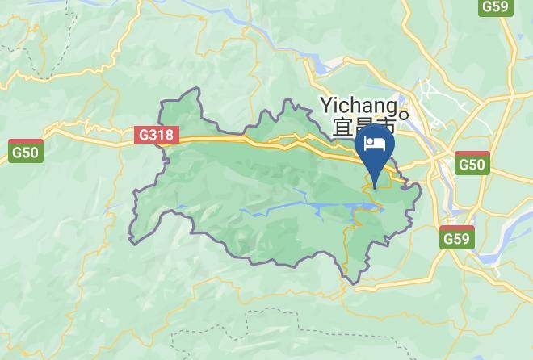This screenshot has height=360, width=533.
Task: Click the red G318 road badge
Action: (x=157, y=135)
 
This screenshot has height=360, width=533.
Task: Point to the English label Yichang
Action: (x=359, y=105)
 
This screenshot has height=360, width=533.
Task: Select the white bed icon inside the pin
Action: (x=375, y=144)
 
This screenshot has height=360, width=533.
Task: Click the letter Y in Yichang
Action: (x=327, y=104)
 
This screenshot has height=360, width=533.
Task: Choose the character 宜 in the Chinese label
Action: (x=342, y=127)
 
